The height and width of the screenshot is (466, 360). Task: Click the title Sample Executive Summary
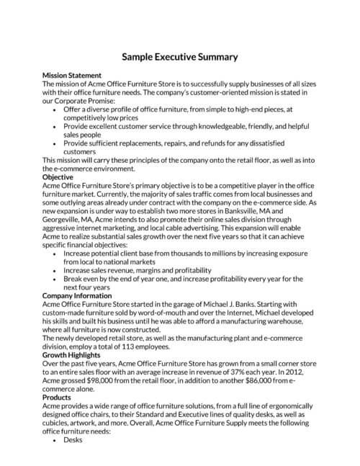(x=179, y=56)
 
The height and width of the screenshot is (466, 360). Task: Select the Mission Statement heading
(x=72, y=76)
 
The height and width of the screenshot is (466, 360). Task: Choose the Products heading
(x=58, y=397)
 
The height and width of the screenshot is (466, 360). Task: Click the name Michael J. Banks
(x=213, y=305)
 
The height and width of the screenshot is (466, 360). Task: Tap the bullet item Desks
(x=73, y=439)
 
